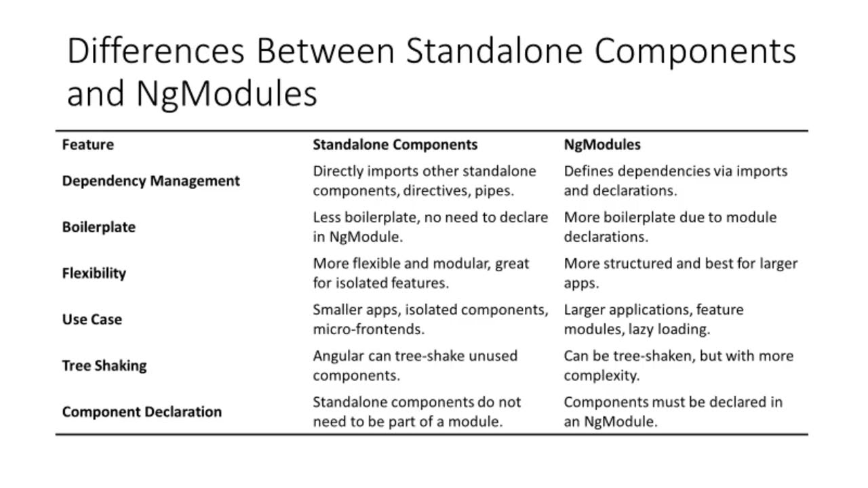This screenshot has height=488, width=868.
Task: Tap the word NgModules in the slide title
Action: (226, 94)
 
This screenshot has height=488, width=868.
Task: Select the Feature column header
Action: (88, 144)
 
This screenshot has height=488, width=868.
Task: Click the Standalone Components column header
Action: (395, 144)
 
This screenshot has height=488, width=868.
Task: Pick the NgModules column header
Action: (602, 144)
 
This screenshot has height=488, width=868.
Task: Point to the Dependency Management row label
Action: (151, 181)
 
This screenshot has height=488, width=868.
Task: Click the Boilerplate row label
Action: (98, 227)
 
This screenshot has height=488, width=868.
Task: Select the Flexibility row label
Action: (94, 273)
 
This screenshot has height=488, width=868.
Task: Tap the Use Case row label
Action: (92, 319)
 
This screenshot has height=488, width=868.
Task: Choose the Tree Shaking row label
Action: (104, 365)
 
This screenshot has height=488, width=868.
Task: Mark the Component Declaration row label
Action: (142, 411)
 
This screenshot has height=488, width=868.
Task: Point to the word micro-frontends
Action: (368, 329)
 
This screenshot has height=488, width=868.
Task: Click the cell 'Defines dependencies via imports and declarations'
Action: (675, 181)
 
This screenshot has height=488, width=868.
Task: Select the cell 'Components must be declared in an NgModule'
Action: (673, 411)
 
